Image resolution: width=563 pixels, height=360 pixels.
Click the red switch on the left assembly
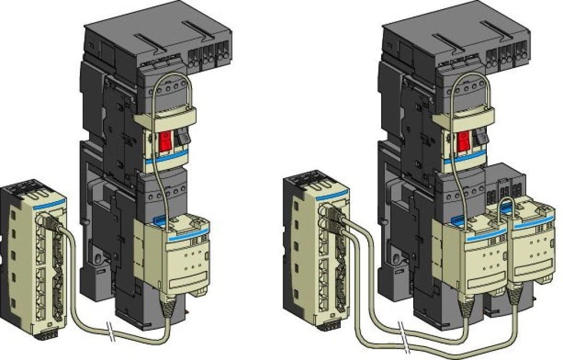[165, 141]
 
